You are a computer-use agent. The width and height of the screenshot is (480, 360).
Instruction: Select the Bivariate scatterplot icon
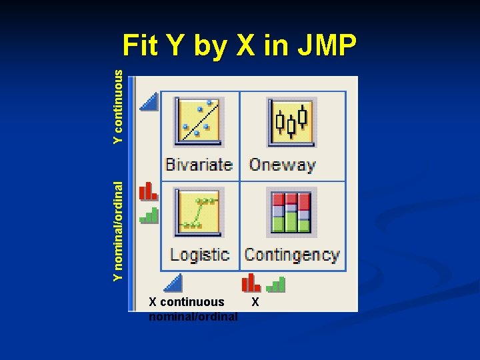point(199,121)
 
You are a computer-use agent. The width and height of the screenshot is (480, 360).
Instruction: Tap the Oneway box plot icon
point(291,121)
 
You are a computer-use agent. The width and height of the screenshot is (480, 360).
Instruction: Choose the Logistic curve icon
point(198,211)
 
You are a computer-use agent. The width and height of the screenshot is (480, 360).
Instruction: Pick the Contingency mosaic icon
point(289,211)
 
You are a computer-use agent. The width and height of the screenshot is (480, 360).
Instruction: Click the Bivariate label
point(199,164)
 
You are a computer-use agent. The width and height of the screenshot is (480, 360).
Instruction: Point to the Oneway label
point(282,164)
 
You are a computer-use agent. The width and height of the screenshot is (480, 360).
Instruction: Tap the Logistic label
point(199,254)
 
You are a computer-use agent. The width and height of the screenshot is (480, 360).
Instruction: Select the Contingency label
point(291,254)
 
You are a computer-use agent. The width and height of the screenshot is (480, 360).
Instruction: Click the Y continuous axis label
point(119,108)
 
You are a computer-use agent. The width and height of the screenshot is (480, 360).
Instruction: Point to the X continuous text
point(187,302)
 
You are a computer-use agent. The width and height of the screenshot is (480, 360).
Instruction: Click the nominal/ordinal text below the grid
point(193,316)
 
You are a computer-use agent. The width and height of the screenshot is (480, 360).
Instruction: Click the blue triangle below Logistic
point(173,283)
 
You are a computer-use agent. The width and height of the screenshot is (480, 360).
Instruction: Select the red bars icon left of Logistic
point(148,191)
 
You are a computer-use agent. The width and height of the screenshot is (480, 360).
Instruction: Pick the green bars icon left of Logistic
point(149,215)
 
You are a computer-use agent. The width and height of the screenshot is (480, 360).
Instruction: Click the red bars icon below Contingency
point(251,283)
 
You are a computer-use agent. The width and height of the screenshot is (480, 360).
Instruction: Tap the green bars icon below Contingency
point(275,285)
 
